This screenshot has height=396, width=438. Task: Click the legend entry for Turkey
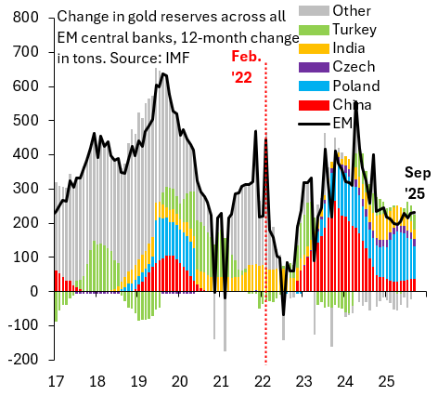coord(351,30)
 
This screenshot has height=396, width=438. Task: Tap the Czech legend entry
coord(350,67)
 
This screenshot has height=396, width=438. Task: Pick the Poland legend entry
coord(354,86)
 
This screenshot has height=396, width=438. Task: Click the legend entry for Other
coord(347,11)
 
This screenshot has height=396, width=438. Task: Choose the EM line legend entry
coord(341,123)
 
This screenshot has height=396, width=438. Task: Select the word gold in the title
coord(146,17)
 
